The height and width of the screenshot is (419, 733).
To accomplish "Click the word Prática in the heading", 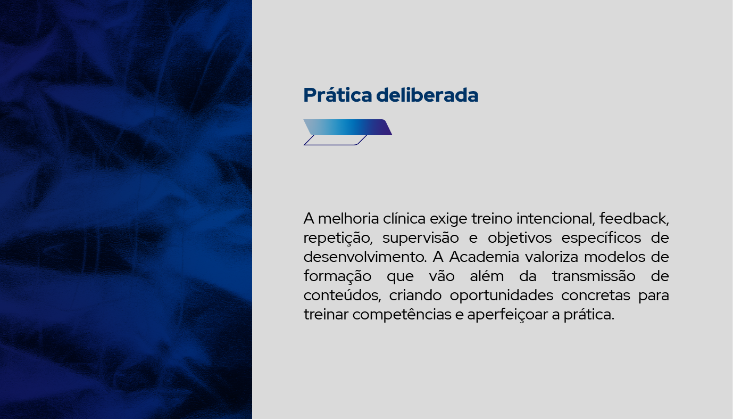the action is coord(338,95).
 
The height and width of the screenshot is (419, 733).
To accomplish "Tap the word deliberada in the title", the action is coord(427,95).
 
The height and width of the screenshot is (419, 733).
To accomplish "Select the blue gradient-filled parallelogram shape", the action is coord(348,127).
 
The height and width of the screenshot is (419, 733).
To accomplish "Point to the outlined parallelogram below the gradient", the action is coord(335,140).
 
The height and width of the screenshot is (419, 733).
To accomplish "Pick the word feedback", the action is coord(634,219).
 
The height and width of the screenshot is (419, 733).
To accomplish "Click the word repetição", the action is coord(338,238).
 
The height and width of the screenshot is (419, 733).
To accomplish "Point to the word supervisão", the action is coord(421,238).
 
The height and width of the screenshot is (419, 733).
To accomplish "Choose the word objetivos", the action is coord(520,238).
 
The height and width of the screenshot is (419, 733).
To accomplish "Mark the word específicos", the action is coord(601,238).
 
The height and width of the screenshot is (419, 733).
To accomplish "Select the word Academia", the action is coord(484,257).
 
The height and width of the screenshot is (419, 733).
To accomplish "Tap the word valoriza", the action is coord(552,257).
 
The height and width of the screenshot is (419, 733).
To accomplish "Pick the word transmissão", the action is coord(594,276).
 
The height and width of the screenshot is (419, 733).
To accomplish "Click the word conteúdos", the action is coord(342,295).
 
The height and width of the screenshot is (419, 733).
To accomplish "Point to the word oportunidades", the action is coord(501,295).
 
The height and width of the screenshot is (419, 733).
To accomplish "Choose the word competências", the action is coord(402,315).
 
